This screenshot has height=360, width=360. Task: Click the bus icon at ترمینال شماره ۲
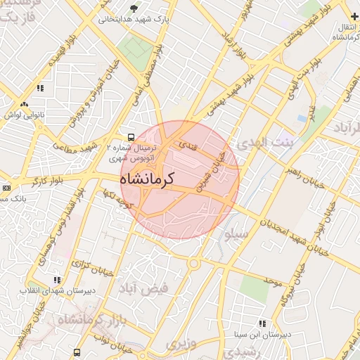(131, 137)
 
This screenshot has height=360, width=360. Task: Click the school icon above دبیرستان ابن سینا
(262, 323)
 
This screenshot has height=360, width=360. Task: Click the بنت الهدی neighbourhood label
(263, 144)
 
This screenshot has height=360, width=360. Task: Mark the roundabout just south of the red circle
(194, 263)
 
